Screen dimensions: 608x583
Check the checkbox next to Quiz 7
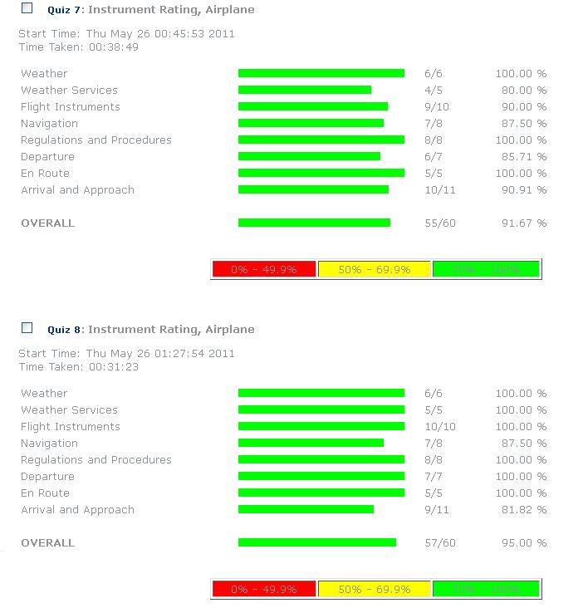click(27, 8)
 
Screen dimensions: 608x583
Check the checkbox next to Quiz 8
click(27, 328)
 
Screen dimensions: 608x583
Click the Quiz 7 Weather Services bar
click(304, 90)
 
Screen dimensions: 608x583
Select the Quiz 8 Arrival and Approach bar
click(306, 509)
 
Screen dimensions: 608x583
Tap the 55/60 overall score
click(439, 223)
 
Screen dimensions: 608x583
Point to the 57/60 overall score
click(439, 543)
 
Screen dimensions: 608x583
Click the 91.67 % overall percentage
click(521, 223)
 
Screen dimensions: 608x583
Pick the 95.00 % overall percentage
click(521, 543)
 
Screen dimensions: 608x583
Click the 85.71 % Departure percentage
click(521, 157)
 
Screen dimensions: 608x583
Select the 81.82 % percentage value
click(521, 510)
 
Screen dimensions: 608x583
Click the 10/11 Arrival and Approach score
click(439, 190)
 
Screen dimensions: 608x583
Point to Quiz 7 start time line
click(126, 34)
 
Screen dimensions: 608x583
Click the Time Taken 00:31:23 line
click(78, 366)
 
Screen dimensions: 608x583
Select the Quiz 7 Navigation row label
click(49, 124)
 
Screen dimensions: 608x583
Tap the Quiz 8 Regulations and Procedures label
click(96, 460)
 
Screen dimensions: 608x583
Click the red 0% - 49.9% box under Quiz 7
click(264, 269)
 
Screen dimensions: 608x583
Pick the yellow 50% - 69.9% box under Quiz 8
click(375, 589)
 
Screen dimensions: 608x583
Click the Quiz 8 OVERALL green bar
click(316, 542)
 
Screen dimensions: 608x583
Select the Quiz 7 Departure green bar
click(309, 156)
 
